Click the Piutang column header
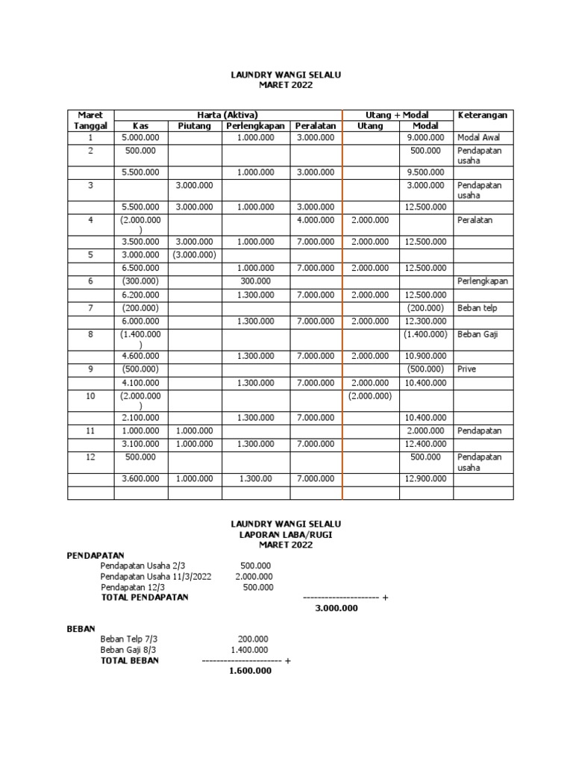coord(195,126)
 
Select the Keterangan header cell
coord(483,115)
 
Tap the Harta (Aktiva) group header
coord(228,115)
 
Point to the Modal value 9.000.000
coord(426,138)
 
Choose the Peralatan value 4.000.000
coord(316,221)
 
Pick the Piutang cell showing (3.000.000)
coord(195,254)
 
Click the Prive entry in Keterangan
coord(466,369)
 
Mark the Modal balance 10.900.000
coord(426,357)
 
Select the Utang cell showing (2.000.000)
coord(370,395)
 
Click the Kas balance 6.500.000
coord(141,267)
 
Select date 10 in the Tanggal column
coord(90,395)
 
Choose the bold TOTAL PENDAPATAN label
coord(144,597)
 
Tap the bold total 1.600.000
coord(249,671)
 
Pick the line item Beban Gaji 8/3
coord(128,650)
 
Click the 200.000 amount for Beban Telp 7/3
coord(253,639)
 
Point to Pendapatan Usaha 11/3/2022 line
coord(155,576)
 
